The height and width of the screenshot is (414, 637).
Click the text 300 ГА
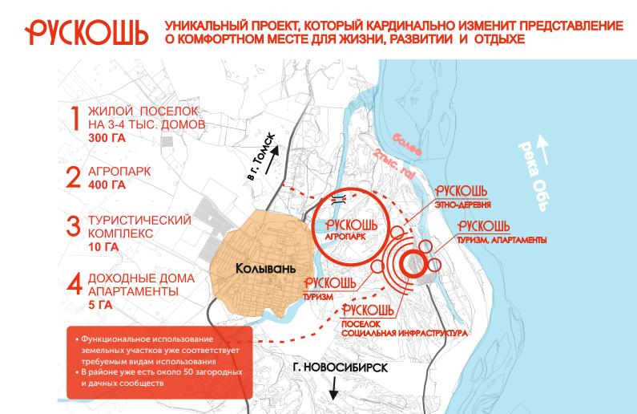(x=107, y=138)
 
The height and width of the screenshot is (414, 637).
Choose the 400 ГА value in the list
(x=107, y=185)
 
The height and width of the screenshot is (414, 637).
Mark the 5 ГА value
(x=101, y=306)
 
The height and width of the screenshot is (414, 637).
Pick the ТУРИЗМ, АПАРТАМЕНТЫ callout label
(x=503, y=239)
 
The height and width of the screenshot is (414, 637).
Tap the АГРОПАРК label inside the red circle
(x=347, y=238)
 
